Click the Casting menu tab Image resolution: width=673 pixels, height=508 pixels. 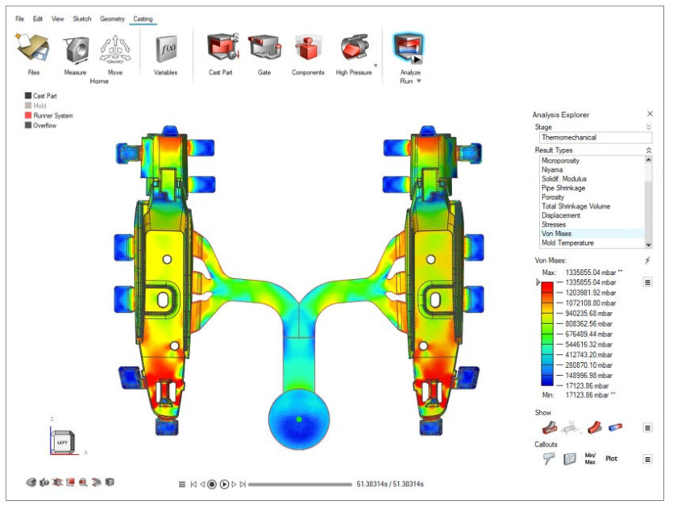pos(143,19)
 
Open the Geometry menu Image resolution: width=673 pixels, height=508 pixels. pos(112,19)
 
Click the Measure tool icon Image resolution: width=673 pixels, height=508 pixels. pos(77,49)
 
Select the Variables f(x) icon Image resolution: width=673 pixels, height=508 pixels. pos(166,49)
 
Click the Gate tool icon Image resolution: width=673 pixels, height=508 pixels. pos(264,48)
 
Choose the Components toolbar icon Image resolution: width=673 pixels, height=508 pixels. pos(307,48)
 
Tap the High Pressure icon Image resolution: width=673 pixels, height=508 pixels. pos(355,47)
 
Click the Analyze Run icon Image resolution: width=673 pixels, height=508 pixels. pos(409,48)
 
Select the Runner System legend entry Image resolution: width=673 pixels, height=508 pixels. pos(48,115)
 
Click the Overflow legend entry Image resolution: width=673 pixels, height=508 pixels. pos(40,126)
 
